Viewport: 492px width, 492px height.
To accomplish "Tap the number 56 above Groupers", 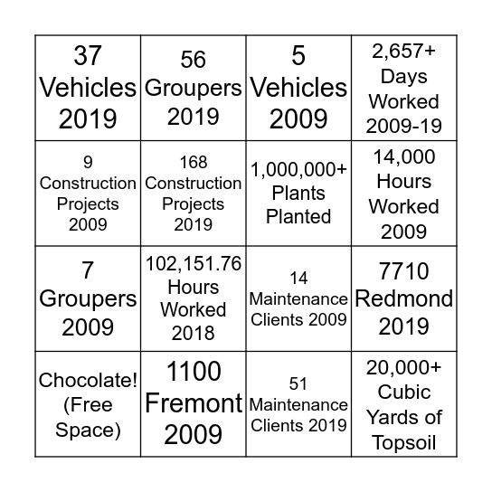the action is pyautogui.click(x=193, y=60).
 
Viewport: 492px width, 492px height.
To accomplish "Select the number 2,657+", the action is pyautogui.click(x=404, y=51).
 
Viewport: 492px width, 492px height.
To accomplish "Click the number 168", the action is pyautogui.click(x=193, y=163).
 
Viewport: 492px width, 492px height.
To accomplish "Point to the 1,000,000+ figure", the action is pyautogui.click(x=298, y=168).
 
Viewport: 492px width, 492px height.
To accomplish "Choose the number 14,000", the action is pyautogui.click(x=404, y=156).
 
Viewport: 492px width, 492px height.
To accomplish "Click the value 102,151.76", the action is pyautogui.click(x=193, y=264).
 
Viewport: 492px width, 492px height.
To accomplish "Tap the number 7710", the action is pyautogui.click(x=404, y=270).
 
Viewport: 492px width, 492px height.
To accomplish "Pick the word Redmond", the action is pyautogui.click(x=404, y=299).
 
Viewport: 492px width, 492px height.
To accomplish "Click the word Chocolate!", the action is pyautogui.click(x=88, y=381).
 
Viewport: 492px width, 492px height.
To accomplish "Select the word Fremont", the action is pyautogui.click(x=193, y=402).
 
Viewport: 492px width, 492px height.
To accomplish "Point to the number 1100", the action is pyautogui.click(x=193, y=371).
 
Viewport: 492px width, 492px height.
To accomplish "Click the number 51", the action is pyautogui.click(x=298, y=384).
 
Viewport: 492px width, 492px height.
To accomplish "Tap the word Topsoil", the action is pyautogui.click(x=404, y=442).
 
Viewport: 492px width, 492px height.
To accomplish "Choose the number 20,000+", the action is pyautogui.click(x=404, y=367).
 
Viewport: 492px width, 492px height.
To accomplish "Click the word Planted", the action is pyautogui.click(x=298, y=216).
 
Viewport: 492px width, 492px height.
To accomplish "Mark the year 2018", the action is pyautogui.click(x=193, y=333).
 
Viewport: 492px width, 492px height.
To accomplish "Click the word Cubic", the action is pyautogui.click(x=404, y=393).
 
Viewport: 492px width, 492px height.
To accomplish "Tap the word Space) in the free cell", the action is pyautogui.click(x=88, y=430).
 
